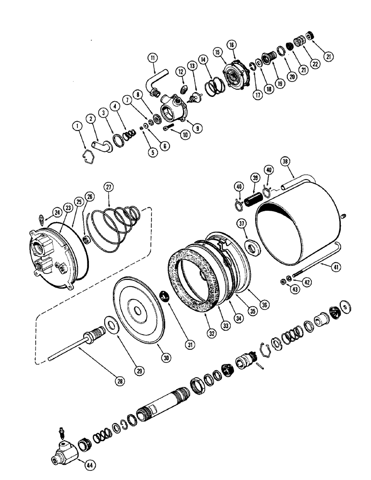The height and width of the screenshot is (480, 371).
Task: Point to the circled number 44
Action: point(89,465)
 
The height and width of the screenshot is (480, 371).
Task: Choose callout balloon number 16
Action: point(233,45)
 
